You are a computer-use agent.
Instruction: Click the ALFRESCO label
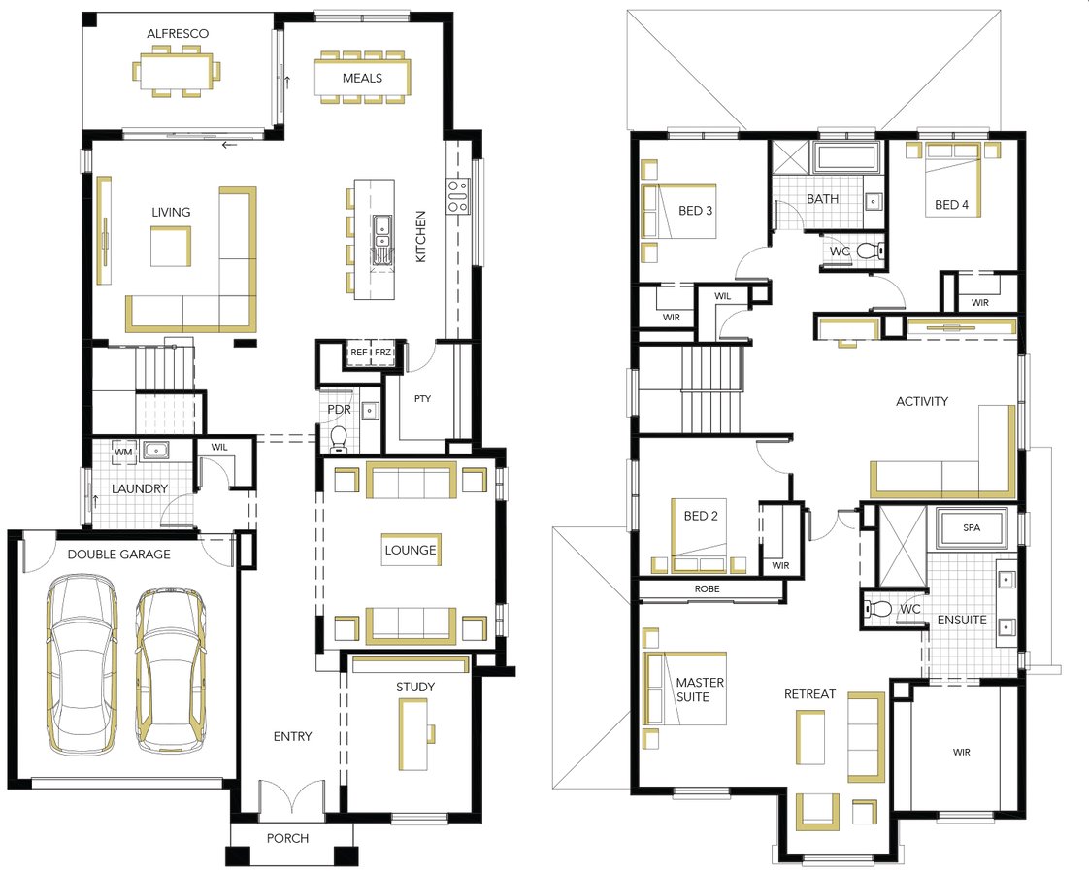click(177, 33)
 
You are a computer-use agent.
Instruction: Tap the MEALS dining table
click(362, 78)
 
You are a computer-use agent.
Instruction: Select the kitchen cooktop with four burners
click(458, 196)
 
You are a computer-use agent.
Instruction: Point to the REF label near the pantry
click(358, 353)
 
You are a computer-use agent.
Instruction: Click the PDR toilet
click(338, 438)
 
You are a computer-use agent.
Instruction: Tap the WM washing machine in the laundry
click(123, 452)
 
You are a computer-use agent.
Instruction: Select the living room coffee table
click(171, 247)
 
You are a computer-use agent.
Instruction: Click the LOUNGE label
click(411, 550)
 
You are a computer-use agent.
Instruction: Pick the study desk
click(413, 734)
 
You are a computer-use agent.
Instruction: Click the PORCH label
click(287, 838)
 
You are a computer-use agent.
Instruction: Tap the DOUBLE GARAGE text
click(118, 554)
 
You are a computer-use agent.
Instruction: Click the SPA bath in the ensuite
click(972, 528)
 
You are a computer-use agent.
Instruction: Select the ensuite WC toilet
click(876, 609)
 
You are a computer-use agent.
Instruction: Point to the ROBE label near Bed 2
click(707, 588)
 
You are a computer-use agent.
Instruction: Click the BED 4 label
click(951, 204)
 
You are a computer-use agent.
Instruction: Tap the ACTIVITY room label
click(922, 401)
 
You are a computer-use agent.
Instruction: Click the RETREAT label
click(809, 693)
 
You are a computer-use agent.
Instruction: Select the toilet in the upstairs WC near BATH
click(871, 251)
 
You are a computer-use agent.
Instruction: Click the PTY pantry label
click(422, 399)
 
